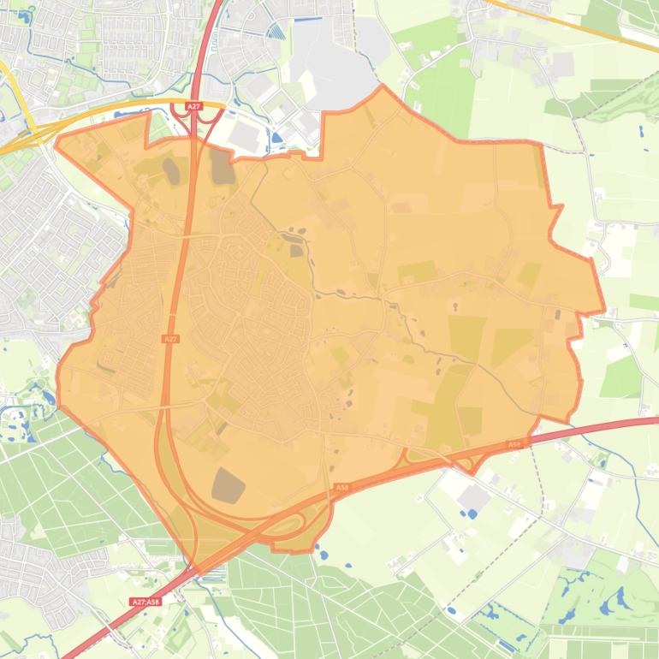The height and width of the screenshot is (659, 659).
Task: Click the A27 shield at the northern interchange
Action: (x=194, y=106)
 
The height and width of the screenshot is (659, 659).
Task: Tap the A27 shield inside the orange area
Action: (x=170, y=339)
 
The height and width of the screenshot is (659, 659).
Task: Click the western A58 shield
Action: (x=341, y=488)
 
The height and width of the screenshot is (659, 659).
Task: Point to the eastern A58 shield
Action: (x=514, y=444)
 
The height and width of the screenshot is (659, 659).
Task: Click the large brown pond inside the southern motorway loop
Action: (x=228, y=485)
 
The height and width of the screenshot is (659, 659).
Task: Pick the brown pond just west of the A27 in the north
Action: (x=172, y=170)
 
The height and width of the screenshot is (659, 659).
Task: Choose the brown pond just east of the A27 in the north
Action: (x=222, y=166)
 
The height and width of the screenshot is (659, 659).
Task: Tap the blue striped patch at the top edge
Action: (x=276, y=31)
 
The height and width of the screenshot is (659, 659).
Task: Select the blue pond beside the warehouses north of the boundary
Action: (x=276, y=136)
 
